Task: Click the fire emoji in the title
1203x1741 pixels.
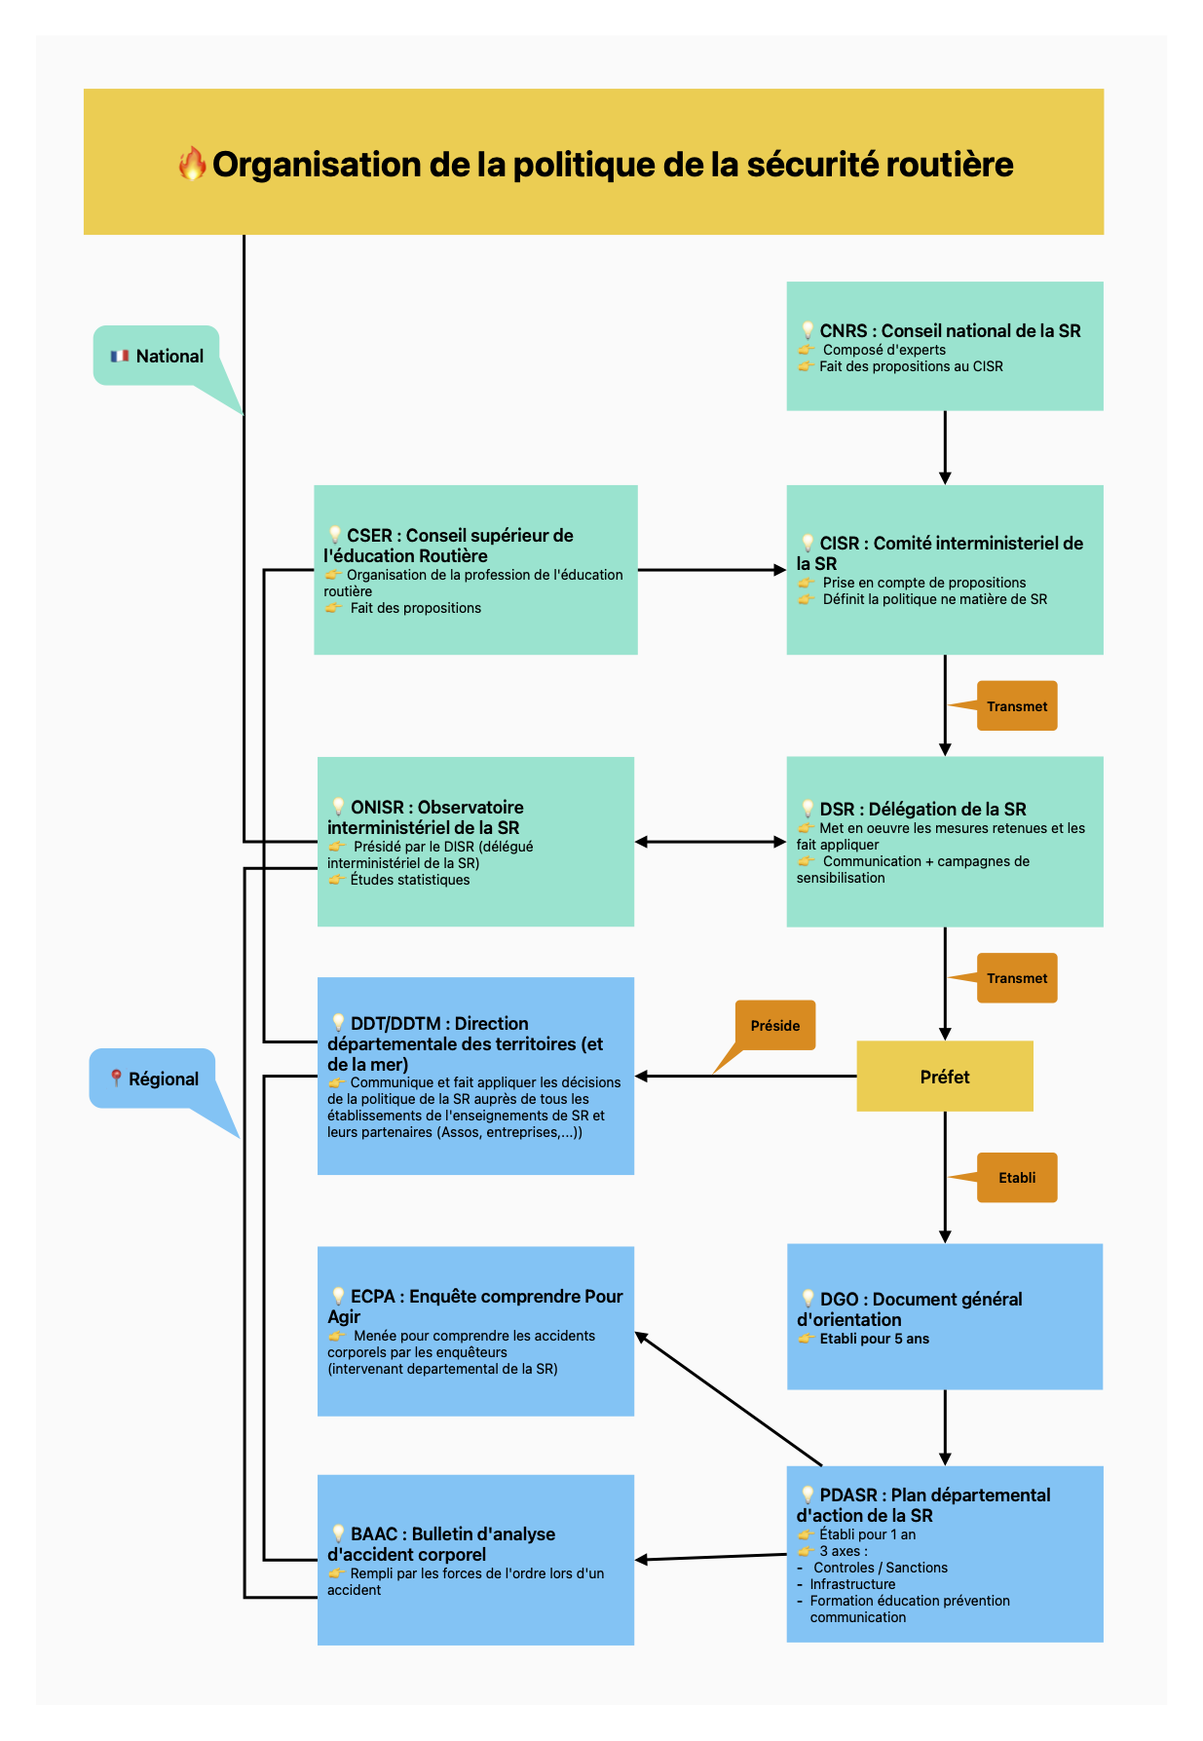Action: coord(192,164)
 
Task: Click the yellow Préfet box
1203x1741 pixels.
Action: coord(944,1077)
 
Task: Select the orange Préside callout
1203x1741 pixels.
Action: coord(775,1026)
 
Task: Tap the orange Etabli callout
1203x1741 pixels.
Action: coord(1016,1178)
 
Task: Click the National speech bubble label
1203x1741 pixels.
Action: coord(157,356)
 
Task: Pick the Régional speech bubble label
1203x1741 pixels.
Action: coord(152,1079)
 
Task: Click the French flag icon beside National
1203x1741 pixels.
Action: coord(120,357)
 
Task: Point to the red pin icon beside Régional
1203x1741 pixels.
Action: coord(116,1079)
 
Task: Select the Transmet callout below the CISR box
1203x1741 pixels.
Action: coord(1016,706)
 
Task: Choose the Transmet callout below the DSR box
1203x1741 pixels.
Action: coord(1016,978)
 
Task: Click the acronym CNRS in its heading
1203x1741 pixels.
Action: coord(844,331)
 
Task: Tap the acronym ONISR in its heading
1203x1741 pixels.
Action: coord(377,808)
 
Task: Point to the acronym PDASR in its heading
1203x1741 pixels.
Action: coord(848,1495)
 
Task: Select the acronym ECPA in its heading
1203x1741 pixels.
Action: coord(373,1297)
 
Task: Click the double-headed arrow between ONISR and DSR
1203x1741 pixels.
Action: coord(710,842)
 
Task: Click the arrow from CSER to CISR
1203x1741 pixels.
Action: coord(711,570)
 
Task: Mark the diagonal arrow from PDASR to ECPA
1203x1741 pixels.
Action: coord(729,1399)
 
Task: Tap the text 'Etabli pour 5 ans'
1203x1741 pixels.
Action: coord(874,1339)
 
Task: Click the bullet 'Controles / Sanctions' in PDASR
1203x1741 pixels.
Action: coord(880,1568)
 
